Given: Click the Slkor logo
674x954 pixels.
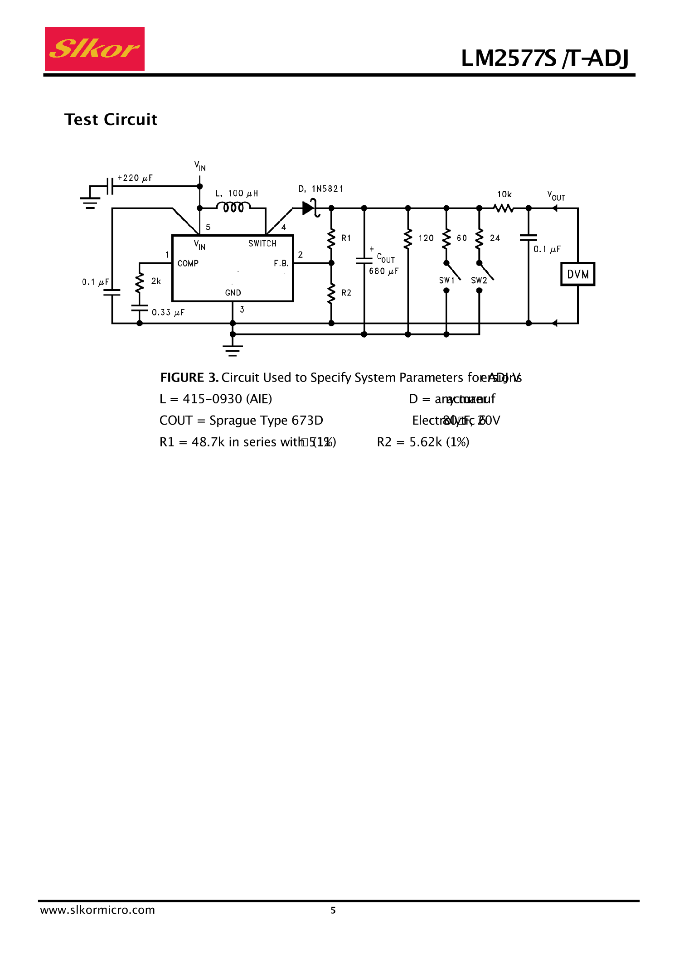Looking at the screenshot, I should coord(95,49).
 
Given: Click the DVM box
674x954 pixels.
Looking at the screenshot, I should coord(577,274).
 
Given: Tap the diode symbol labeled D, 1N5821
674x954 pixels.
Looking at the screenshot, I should coord(310,208).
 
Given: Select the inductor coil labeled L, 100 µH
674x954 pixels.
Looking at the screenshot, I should coord(233,207).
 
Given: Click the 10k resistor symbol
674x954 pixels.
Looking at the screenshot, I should coord(504,208).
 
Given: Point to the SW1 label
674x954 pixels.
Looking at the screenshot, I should coord(446,281).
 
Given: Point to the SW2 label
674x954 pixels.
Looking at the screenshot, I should coord(479,281).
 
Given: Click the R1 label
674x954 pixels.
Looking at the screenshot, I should coord(346,238).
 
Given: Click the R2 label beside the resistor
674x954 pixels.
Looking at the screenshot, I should coord(346,293).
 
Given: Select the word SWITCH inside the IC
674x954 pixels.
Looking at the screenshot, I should coord(262,244).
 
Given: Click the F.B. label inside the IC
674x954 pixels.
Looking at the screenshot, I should coord(281,263).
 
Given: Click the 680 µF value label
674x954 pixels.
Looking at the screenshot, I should coord(383,271).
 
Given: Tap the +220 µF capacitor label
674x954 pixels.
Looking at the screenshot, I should coord(135,178).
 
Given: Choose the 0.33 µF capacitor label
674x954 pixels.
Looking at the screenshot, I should coord(168,313).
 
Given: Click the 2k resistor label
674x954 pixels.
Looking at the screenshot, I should coord(156,281).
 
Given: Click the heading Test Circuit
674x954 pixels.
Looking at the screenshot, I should coord(111,120).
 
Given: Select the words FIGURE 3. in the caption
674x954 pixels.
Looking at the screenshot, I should coord(189,378).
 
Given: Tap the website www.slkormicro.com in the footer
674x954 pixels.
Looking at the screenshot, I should coord(97,910).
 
